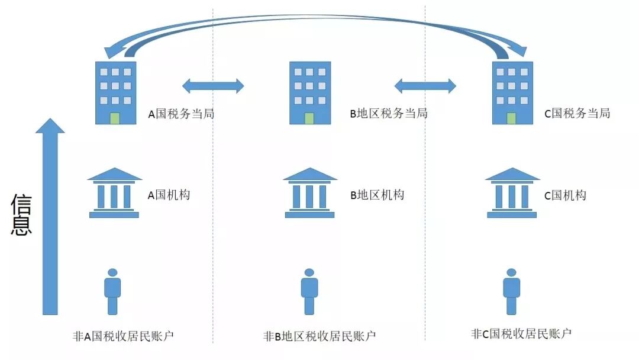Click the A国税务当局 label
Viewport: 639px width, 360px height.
pos(181,114)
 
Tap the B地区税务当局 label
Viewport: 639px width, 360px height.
pos(389,114)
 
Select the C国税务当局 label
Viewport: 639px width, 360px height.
pos(577,114)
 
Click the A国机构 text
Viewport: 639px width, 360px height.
pos(169,195)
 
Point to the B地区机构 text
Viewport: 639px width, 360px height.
pos(377,195)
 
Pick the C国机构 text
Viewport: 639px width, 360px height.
pos(565,195)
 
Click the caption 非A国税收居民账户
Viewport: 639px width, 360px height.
pos(123,336)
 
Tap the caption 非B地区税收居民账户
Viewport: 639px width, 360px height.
pos(319,336)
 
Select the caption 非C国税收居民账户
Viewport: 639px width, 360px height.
pos(521,333)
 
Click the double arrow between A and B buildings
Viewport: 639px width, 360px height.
pos(213,86)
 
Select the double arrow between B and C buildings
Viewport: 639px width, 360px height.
pos(425,86)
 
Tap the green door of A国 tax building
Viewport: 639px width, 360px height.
pos(115,118)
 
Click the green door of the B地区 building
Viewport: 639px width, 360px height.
pos(309,118)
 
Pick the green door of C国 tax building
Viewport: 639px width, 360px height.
pos(511,118)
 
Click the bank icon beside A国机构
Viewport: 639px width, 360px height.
pos(114,192)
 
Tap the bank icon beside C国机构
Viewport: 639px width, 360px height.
pos(512,192)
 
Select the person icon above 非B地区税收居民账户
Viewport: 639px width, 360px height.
pos(309,291)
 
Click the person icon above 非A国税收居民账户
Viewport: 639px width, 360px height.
pos(112,291)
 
